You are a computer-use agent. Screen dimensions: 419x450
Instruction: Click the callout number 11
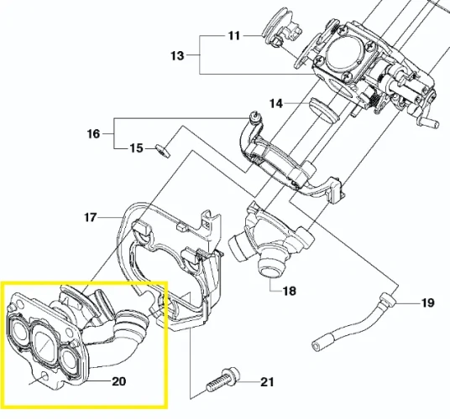point(233,36)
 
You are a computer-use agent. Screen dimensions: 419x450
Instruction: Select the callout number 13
point(176,56)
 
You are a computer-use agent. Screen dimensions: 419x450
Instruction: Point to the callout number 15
point(136,148)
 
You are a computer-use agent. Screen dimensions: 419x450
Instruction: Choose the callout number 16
point(93,134)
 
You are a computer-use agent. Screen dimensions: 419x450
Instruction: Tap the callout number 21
point(267,383)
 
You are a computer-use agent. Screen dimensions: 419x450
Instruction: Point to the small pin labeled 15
point(162,151)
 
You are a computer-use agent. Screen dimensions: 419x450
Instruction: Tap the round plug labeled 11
point(278,30)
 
